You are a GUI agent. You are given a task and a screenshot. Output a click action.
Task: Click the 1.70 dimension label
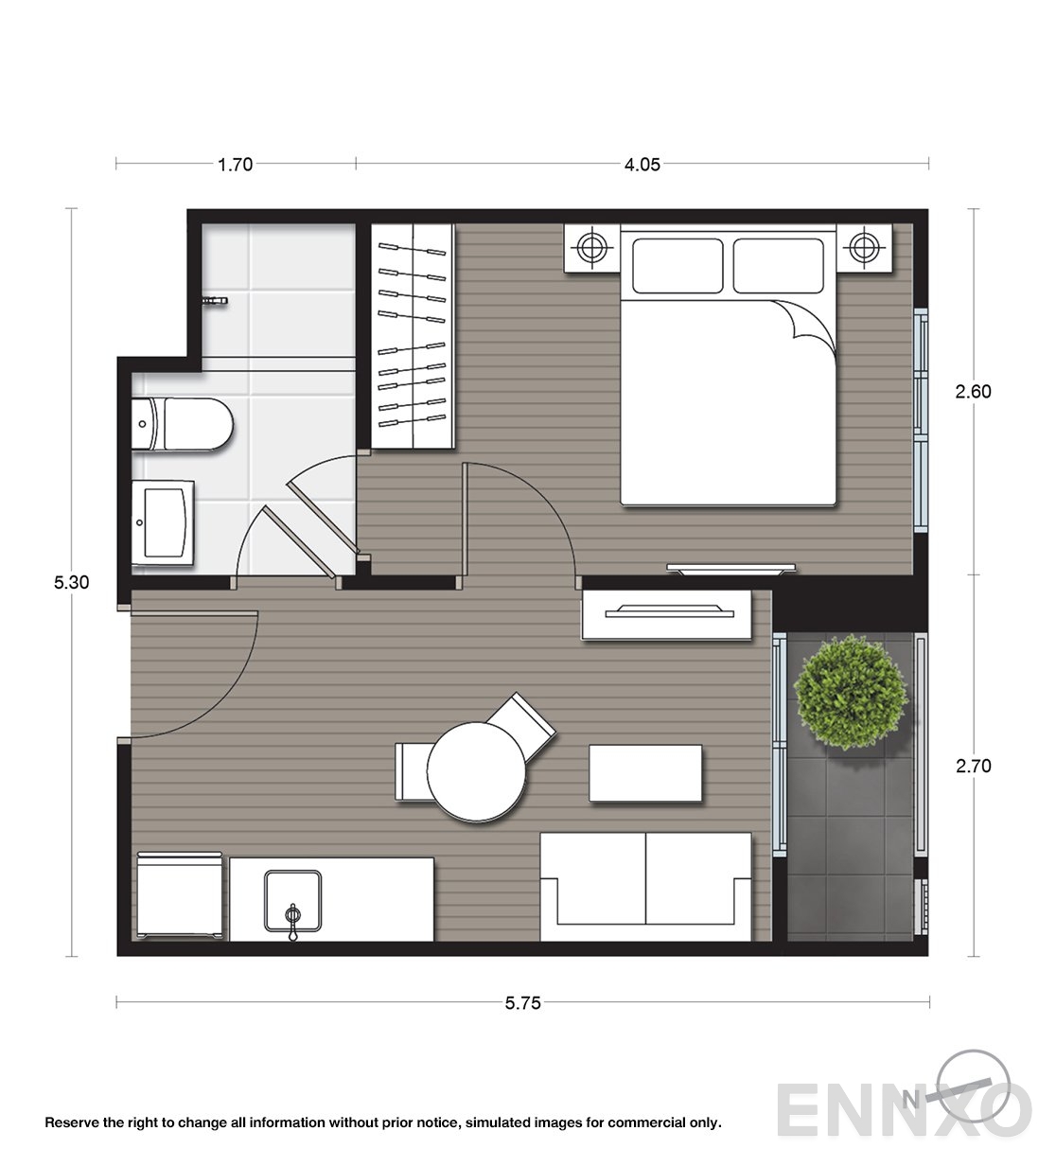[235, 165]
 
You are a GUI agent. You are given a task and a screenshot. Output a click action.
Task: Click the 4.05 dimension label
[642, 165]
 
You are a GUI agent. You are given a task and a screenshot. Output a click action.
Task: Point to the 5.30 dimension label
[72, 582]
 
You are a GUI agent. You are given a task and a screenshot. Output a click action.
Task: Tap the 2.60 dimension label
[974, 392]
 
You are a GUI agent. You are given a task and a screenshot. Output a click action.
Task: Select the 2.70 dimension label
[974, 766]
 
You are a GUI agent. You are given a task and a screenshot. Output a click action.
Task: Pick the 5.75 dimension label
[522, 1002]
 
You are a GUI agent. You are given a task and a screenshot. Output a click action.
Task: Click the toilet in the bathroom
[182, 424]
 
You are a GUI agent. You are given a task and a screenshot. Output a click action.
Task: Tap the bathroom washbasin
[163, 522]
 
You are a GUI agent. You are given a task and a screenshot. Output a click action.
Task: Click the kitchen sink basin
[293, 900]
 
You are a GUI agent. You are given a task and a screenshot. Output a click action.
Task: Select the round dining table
[477, 771]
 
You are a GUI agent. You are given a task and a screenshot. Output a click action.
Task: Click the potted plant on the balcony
[851, 692]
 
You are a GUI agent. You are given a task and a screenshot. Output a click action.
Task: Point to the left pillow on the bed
[678, 266]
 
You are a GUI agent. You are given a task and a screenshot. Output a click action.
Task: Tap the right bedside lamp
[864, 247]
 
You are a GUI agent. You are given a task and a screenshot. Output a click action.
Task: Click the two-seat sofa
[645, 887]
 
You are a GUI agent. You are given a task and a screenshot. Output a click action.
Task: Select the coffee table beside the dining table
[645, 773]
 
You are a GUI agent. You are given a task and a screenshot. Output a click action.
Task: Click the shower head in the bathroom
[215, 301]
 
